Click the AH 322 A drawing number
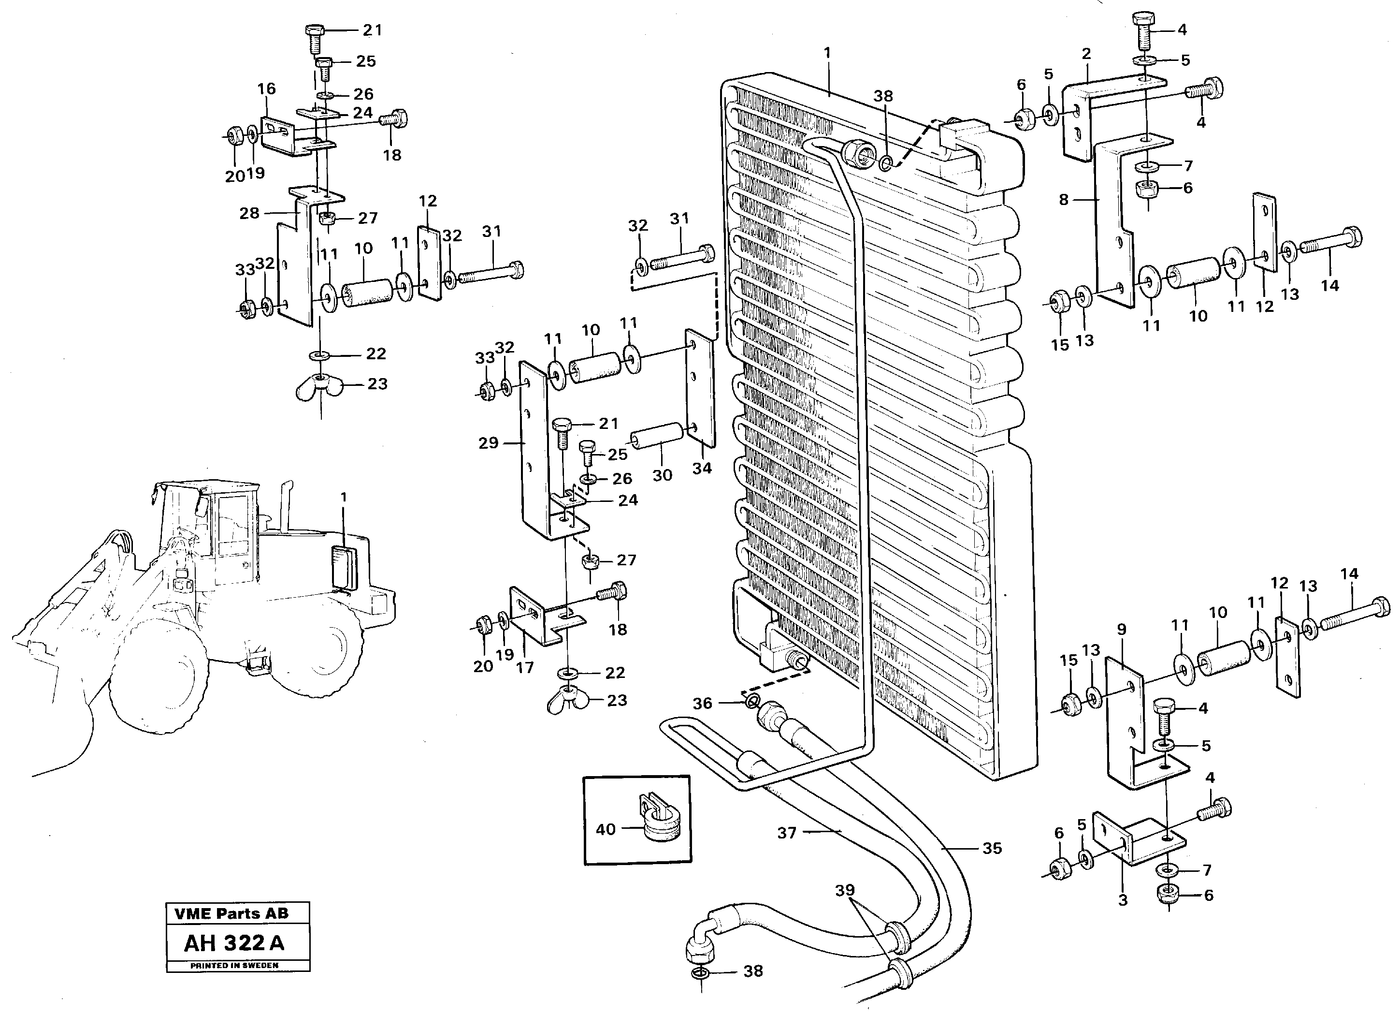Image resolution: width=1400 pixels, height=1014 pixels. point(234,942)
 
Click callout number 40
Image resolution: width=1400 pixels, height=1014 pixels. point(606,829)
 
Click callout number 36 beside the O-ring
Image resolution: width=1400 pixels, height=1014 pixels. point(702,703)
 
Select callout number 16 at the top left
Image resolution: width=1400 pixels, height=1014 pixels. point(266,88)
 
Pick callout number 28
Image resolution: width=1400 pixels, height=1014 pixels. point(249,213)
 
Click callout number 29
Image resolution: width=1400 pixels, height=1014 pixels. point(488,443)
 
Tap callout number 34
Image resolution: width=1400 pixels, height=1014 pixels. point(702,468)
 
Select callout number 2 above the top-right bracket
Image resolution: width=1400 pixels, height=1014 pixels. point(1086,54)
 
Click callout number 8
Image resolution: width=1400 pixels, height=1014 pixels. point(1063,200)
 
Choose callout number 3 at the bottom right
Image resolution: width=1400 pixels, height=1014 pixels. point(1123,900)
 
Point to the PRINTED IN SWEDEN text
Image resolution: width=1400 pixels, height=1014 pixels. point(234,965)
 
